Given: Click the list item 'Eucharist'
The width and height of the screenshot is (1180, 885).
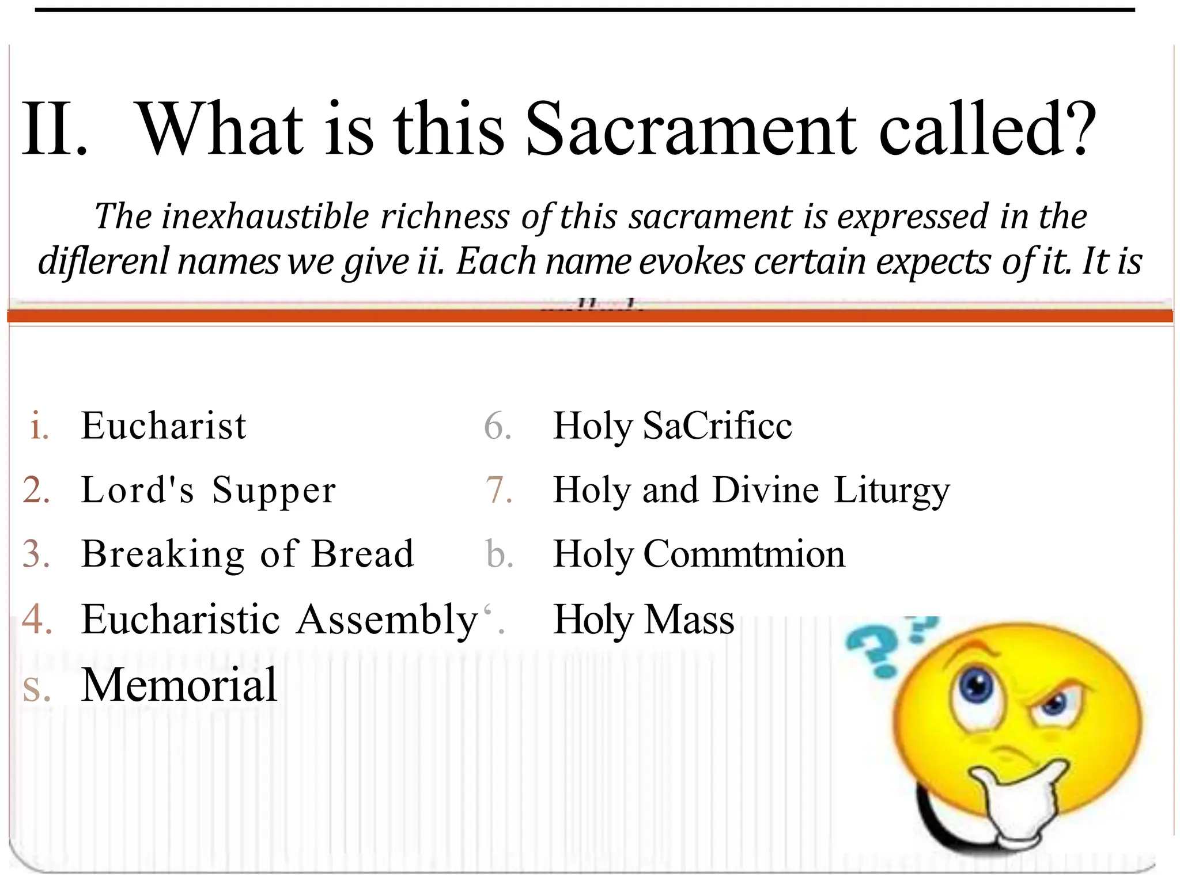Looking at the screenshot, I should click(164, 426).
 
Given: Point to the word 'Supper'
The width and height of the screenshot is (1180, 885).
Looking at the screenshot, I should click(274, 491).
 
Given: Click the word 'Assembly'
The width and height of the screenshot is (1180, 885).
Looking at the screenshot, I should click(388, 620).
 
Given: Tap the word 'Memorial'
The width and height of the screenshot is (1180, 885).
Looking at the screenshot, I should click(179, 685).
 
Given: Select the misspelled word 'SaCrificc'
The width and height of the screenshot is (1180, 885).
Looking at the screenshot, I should click(717, 426).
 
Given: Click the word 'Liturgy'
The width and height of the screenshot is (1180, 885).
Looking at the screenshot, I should click(891, 491).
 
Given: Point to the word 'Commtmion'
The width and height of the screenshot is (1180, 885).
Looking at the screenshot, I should click(744, 554).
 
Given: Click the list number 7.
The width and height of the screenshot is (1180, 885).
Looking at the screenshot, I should click(498, 491).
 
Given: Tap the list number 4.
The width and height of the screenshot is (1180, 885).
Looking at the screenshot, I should click(37, 620).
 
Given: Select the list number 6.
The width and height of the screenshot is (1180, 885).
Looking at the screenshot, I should click(498, 426).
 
